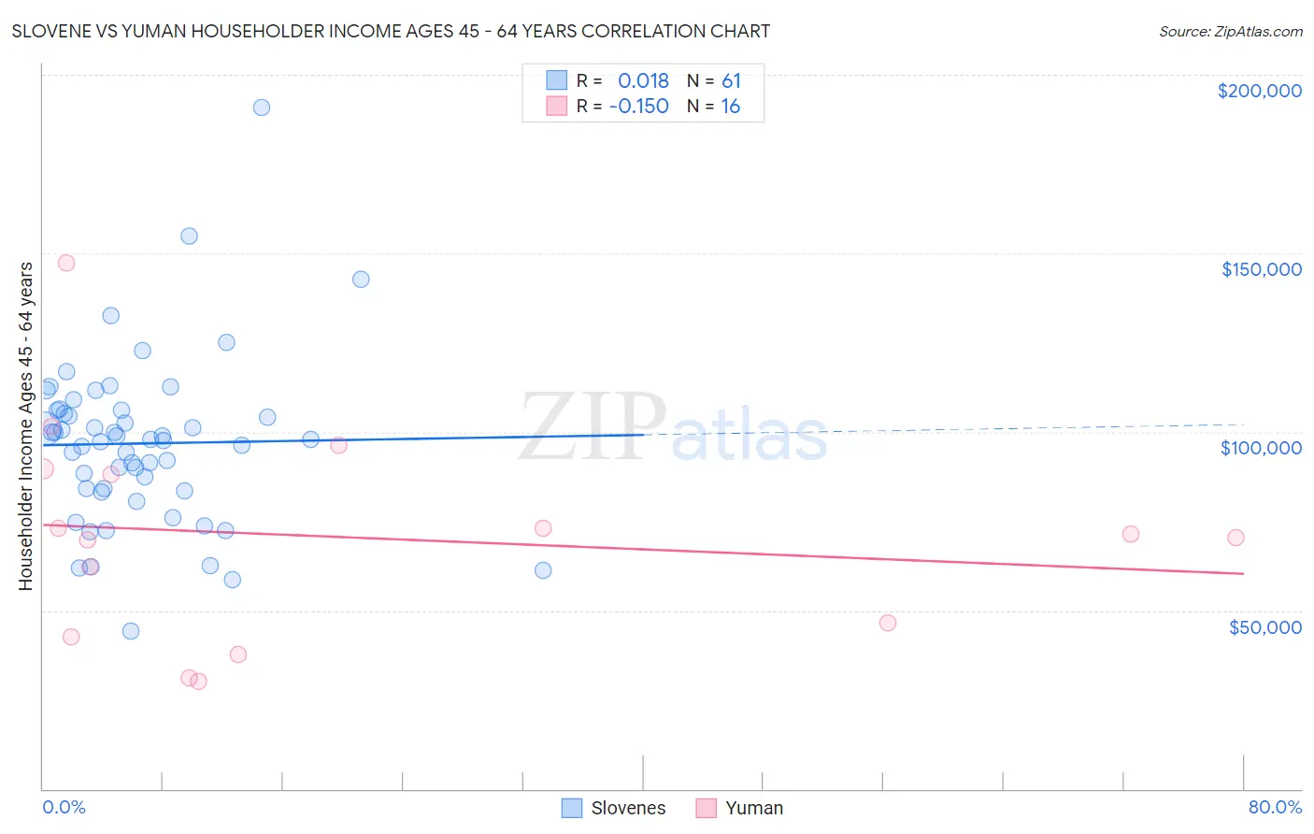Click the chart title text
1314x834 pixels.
tap(391, 31)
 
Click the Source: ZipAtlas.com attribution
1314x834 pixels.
tap(1230, 31)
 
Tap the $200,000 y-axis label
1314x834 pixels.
tap(1259, 91)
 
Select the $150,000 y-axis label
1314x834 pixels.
tap(1261, 269)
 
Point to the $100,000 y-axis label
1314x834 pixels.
tap(1261, 448)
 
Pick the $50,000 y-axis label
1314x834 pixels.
tap(1264, 626)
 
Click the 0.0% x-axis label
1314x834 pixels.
tap(64, 807)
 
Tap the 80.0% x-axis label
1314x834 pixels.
tap(1275, 807)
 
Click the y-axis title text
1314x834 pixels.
tap(25, 426)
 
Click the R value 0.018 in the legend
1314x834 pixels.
tap(643, 80)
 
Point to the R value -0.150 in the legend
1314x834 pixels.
tap(638, 106)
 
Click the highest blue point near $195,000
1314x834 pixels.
tap(262, 108)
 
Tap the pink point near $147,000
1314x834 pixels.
tap(66, 263)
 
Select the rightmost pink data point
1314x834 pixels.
tap(1235, 538)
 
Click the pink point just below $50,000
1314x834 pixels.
tap(888, 623)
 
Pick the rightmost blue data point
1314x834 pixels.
tap(543, 570)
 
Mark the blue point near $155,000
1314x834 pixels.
tap(189, 237)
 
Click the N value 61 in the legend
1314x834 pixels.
tap(731, 80)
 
